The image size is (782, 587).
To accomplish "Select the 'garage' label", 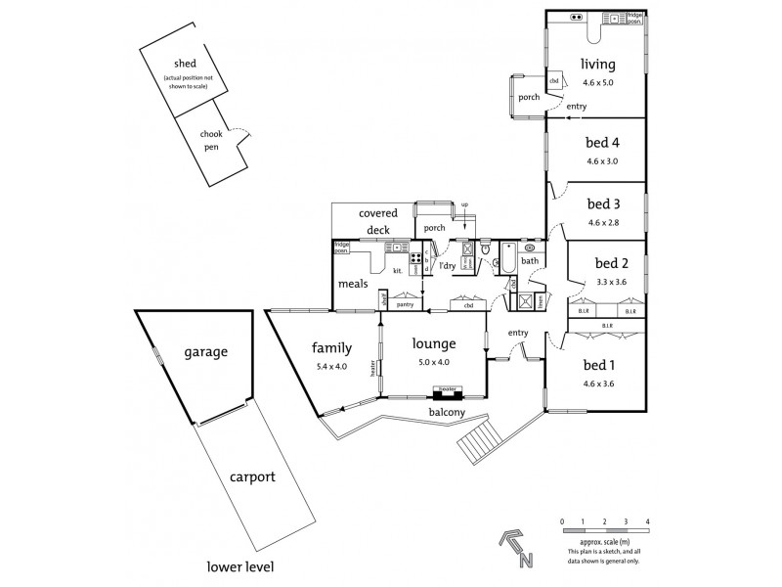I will (204, 351).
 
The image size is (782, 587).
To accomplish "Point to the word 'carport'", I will (252, 477).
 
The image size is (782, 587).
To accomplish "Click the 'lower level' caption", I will (239, 566).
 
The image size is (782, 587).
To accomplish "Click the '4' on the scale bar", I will (647, 521).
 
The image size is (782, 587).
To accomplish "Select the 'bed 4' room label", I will (603, 143).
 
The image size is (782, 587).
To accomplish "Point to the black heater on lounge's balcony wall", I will (447, 393).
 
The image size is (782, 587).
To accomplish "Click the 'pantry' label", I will (406, 304).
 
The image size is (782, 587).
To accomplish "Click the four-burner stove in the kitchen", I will (414, 260).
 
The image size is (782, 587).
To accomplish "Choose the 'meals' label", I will (353, 284).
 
